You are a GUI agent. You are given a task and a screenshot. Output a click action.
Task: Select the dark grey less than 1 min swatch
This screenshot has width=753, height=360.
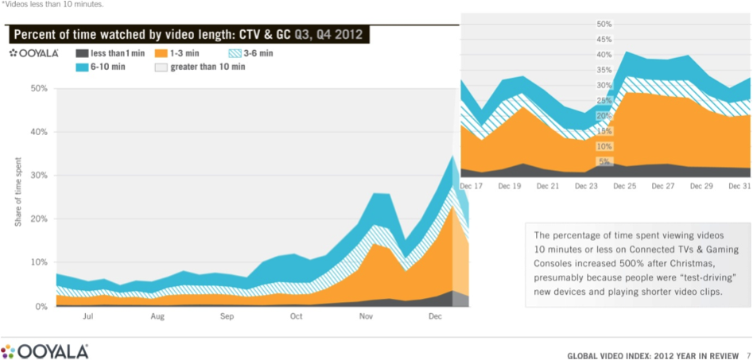[x=82, y=54]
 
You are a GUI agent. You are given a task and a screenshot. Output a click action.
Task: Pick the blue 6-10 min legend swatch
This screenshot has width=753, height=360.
[x=82, y=68]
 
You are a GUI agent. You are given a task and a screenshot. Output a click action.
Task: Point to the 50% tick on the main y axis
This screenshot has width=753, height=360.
[x=37, y=88]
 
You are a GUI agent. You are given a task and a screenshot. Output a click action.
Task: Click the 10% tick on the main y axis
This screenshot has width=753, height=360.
[x=37, y=262]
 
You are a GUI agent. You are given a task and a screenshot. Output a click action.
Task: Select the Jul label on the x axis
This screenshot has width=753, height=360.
[x=88, y=316]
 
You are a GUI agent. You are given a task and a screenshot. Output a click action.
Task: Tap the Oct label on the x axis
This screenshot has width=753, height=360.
[x=296, y=316]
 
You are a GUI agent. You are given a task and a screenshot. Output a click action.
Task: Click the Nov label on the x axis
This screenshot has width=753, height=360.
[x=366, y=316]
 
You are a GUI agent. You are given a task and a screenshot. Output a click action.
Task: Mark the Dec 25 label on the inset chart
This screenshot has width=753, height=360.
[x=625, y=186]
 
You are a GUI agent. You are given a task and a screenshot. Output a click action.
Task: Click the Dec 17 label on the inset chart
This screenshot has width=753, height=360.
[x=472, y=186]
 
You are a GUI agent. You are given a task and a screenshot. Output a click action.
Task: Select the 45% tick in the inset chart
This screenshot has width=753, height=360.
[x=603, y=39]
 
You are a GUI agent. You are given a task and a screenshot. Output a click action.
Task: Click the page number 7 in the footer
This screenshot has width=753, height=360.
[x=748, y=354]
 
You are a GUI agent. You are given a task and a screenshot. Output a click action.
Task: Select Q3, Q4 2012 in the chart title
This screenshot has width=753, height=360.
[x=322, y=35]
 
